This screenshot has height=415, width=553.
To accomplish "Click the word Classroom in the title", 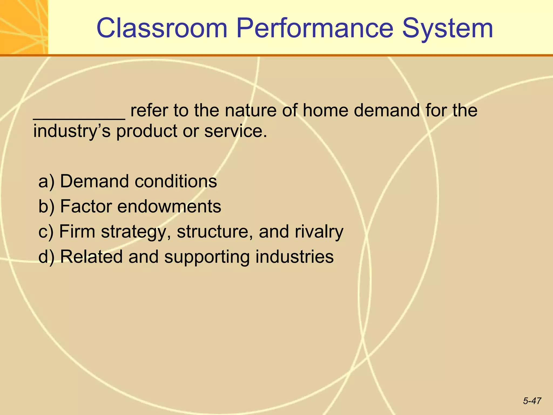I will point(162,28).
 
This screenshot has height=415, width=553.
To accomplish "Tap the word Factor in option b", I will point(86,206).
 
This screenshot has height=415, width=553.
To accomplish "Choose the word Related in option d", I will point(91,256).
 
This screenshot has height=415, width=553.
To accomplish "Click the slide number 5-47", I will point(532,401).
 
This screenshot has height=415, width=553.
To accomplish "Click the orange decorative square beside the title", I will point(24,27).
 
